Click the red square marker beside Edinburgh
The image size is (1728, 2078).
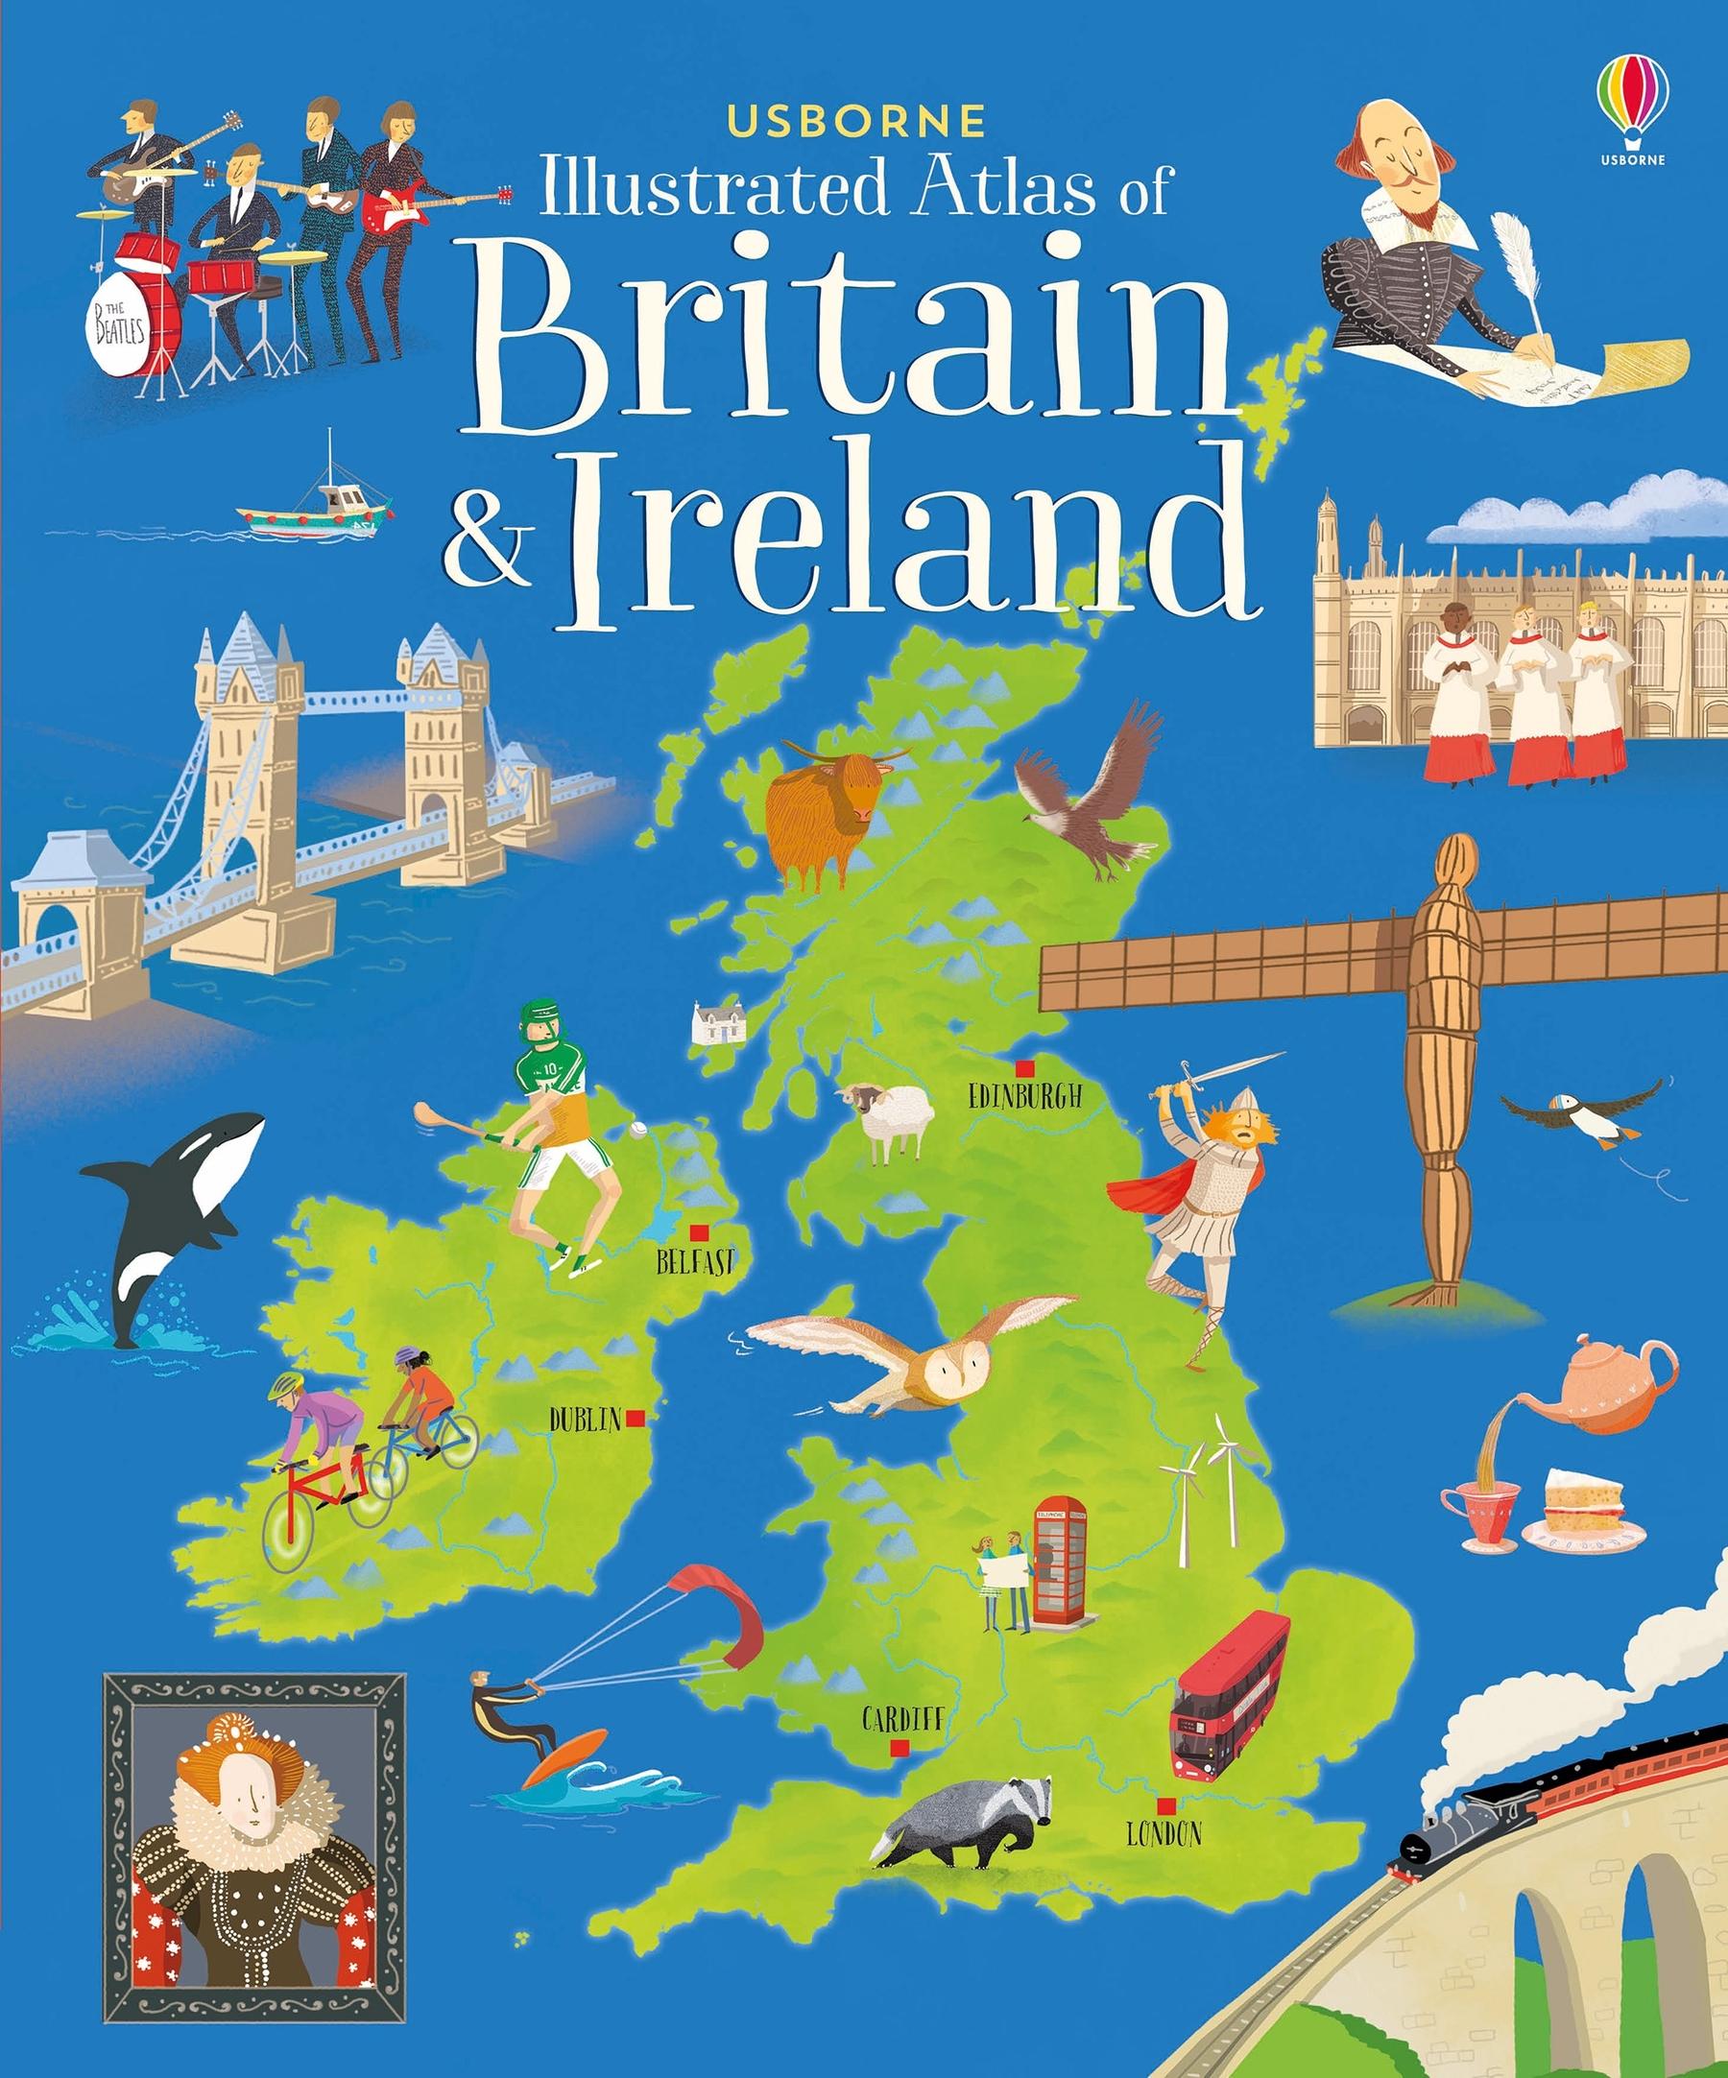[x=1025, y=1066]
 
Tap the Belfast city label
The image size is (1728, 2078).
[x=696, y=1261]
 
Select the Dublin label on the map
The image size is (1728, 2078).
[x=585, y=1420]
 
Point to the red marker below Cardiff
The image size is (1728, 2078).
[x=900, y=1749]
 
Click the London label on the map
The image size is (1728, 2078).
[x=1164, y=1833]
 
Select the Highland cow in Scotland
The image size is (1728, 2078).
[x=827, y=814]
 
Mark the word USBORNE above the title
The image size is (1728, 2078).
[x=855, y=120]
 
